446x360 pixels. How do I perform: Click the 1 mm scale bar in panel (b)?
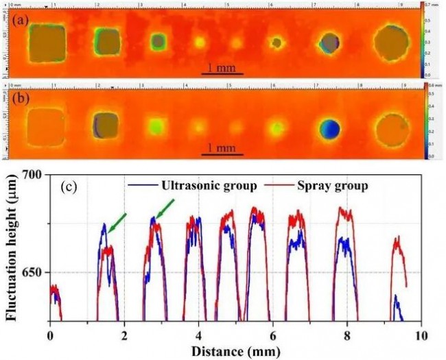click(x=223, y=152)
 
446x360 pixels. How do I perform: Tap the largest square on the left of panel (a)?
click(x=47, y=43)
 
